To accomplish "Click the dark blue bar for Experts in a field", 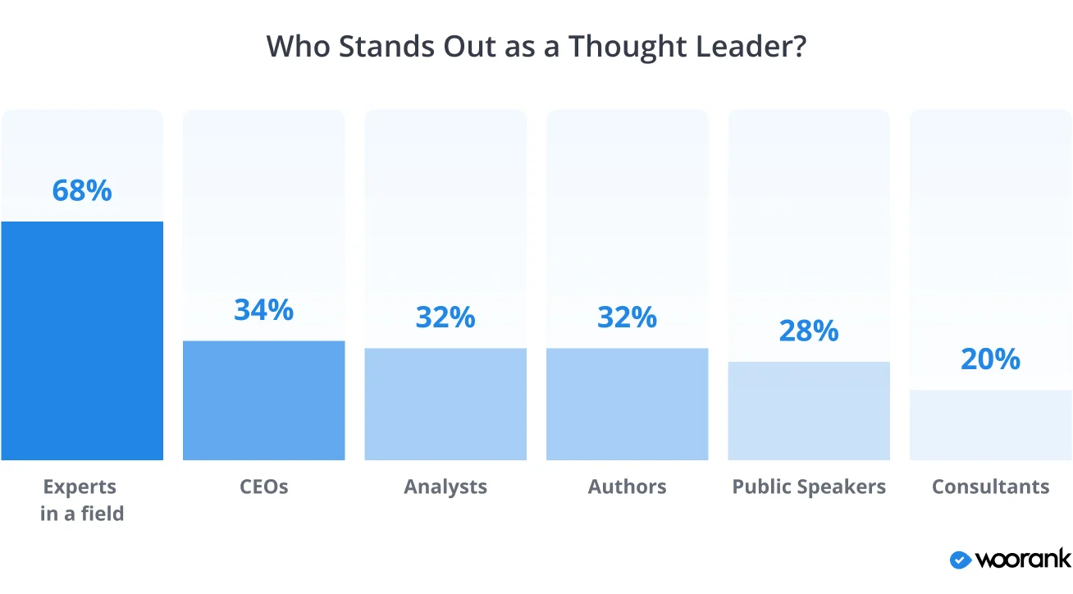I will (x=82, y=340).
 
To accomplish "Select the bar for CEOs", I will (x=263, y=400).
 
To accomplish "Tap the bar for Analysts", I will (x=445, y=404).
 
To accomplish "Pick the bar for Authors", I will (x=628, y=404).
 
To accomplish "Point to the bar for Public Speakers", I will (x=809, y=410).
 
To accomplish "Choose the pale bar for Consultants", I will (x=990, y=425).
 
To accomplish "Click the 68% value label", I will (x=82, y=190).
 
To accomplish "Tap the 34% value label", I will (x=263, y=310).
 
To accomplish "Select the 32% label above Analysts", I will (x=445, y=318).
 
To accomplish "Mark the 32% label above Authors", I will (x=628, y=318).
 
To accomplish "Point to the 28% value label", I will (x=809, y=331).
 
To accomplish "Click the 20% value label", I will (x=990, y=359).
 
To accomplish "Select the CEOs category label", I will (x=263, y=487).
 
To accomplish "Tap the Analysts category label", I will (x=445, y=487).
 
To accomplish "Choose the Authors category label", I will (x=628, y=487).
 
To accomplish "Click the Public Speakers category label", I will (x=809, y=487).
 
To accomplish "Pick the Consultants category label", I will (x=990, y=487).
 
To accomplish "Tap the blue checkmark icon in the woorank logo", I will (x=960, y=560).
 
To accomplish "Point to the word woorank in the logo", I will (x=1023, y=560).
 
